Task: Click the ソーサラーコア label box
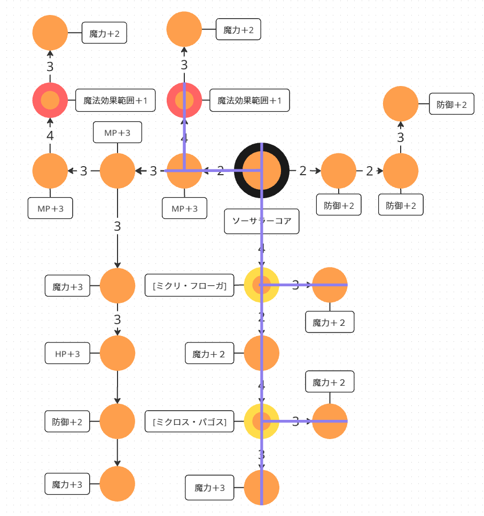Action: [261, 221]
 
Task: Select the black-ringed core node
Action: [262, 171]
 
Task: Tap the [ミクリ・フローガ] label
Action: [190, 285]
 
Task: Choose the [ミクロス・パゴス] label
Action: [190, 422]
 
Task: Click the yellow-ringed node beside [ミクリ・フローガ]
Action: [262, 285]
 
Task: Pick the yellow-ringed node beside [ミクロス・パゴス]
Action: [262, 421]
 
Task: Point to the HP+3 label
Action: [67, 354]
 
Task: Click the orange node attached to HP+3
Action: [118, 353]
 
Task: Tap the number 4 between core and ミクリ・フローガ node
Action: [261, 249]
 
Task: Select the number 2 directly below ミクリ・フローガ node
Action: [261, 317]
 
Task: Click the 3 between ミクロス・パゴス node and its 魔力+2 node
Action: [295, 421]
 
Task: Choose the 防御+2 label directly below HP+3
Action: [67, 422]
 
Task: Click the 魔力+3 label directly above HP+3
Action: [67, 287]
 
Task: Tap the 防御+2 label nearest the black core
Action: [339, 205]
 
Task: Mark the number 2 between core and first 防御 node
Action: [303, 171]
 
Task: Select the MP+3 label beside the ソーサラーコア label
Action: [184, 209]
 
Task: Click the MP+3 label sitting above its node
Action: [118, 132]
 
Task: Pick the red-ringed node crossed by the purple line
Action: [184, 100]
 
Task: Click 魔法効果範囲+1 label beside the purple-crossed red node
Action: [249, 100]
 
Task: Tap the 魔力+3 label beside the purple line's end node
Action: [209, 487]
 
